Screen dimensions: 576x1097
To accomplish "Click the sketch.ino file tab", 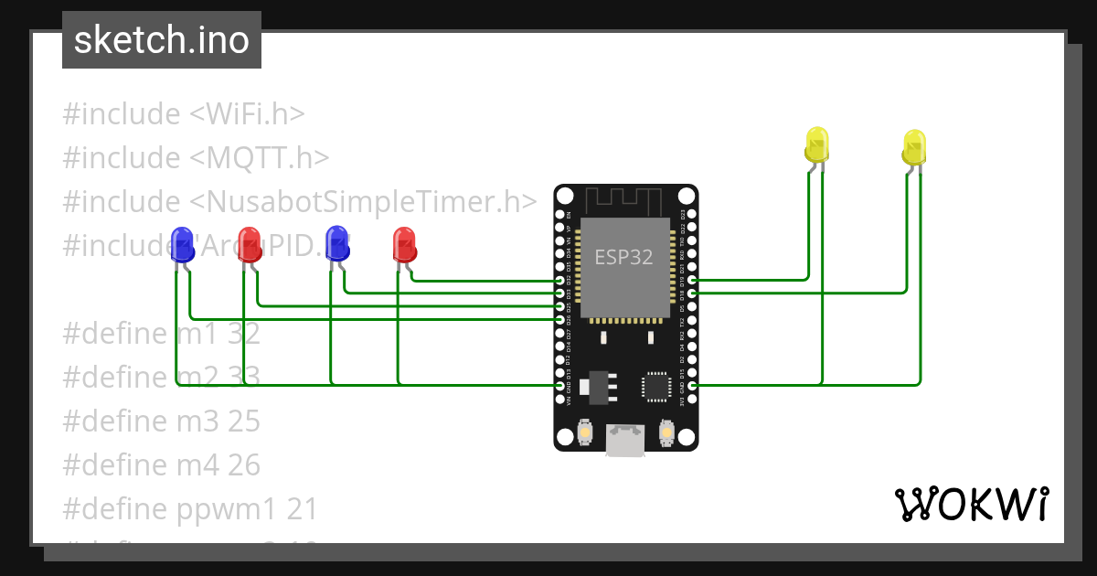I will click(x=161, y=40).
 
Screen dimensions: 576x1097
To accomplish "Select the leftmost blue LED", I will click(x=182, y=244).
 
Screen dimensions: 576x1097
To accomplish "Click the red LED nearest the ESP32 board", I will click(x=404, y=244).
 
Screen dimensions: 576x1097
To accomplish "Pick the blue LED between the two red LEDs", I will click(x=337, y=244).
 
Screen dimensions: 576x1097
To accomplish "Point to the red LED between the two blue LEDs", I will click(x=249, y=244).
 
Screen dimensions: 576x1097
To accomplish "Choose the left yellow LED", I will click(x=816, y=145).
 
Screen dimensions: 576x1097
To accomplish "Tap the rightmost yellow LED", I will click(x=913, y=147).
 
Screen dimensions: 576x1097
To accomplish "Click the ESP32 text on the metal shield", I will click(x=624, y=257).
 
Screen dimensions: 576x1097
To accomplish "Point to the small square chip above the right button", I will click(x=657, y=386).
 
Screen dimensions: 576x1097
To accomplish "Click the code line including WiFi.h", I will click(x=183, y=114).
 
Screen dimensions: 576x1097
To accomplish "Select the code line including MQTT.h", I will click(x=196, y=158).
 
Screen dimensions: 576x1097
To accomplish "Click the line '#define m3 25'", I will click(x=161, y=421).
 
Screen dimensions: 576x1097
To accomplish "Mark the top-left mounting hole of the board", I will click(x=565, y=196).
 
